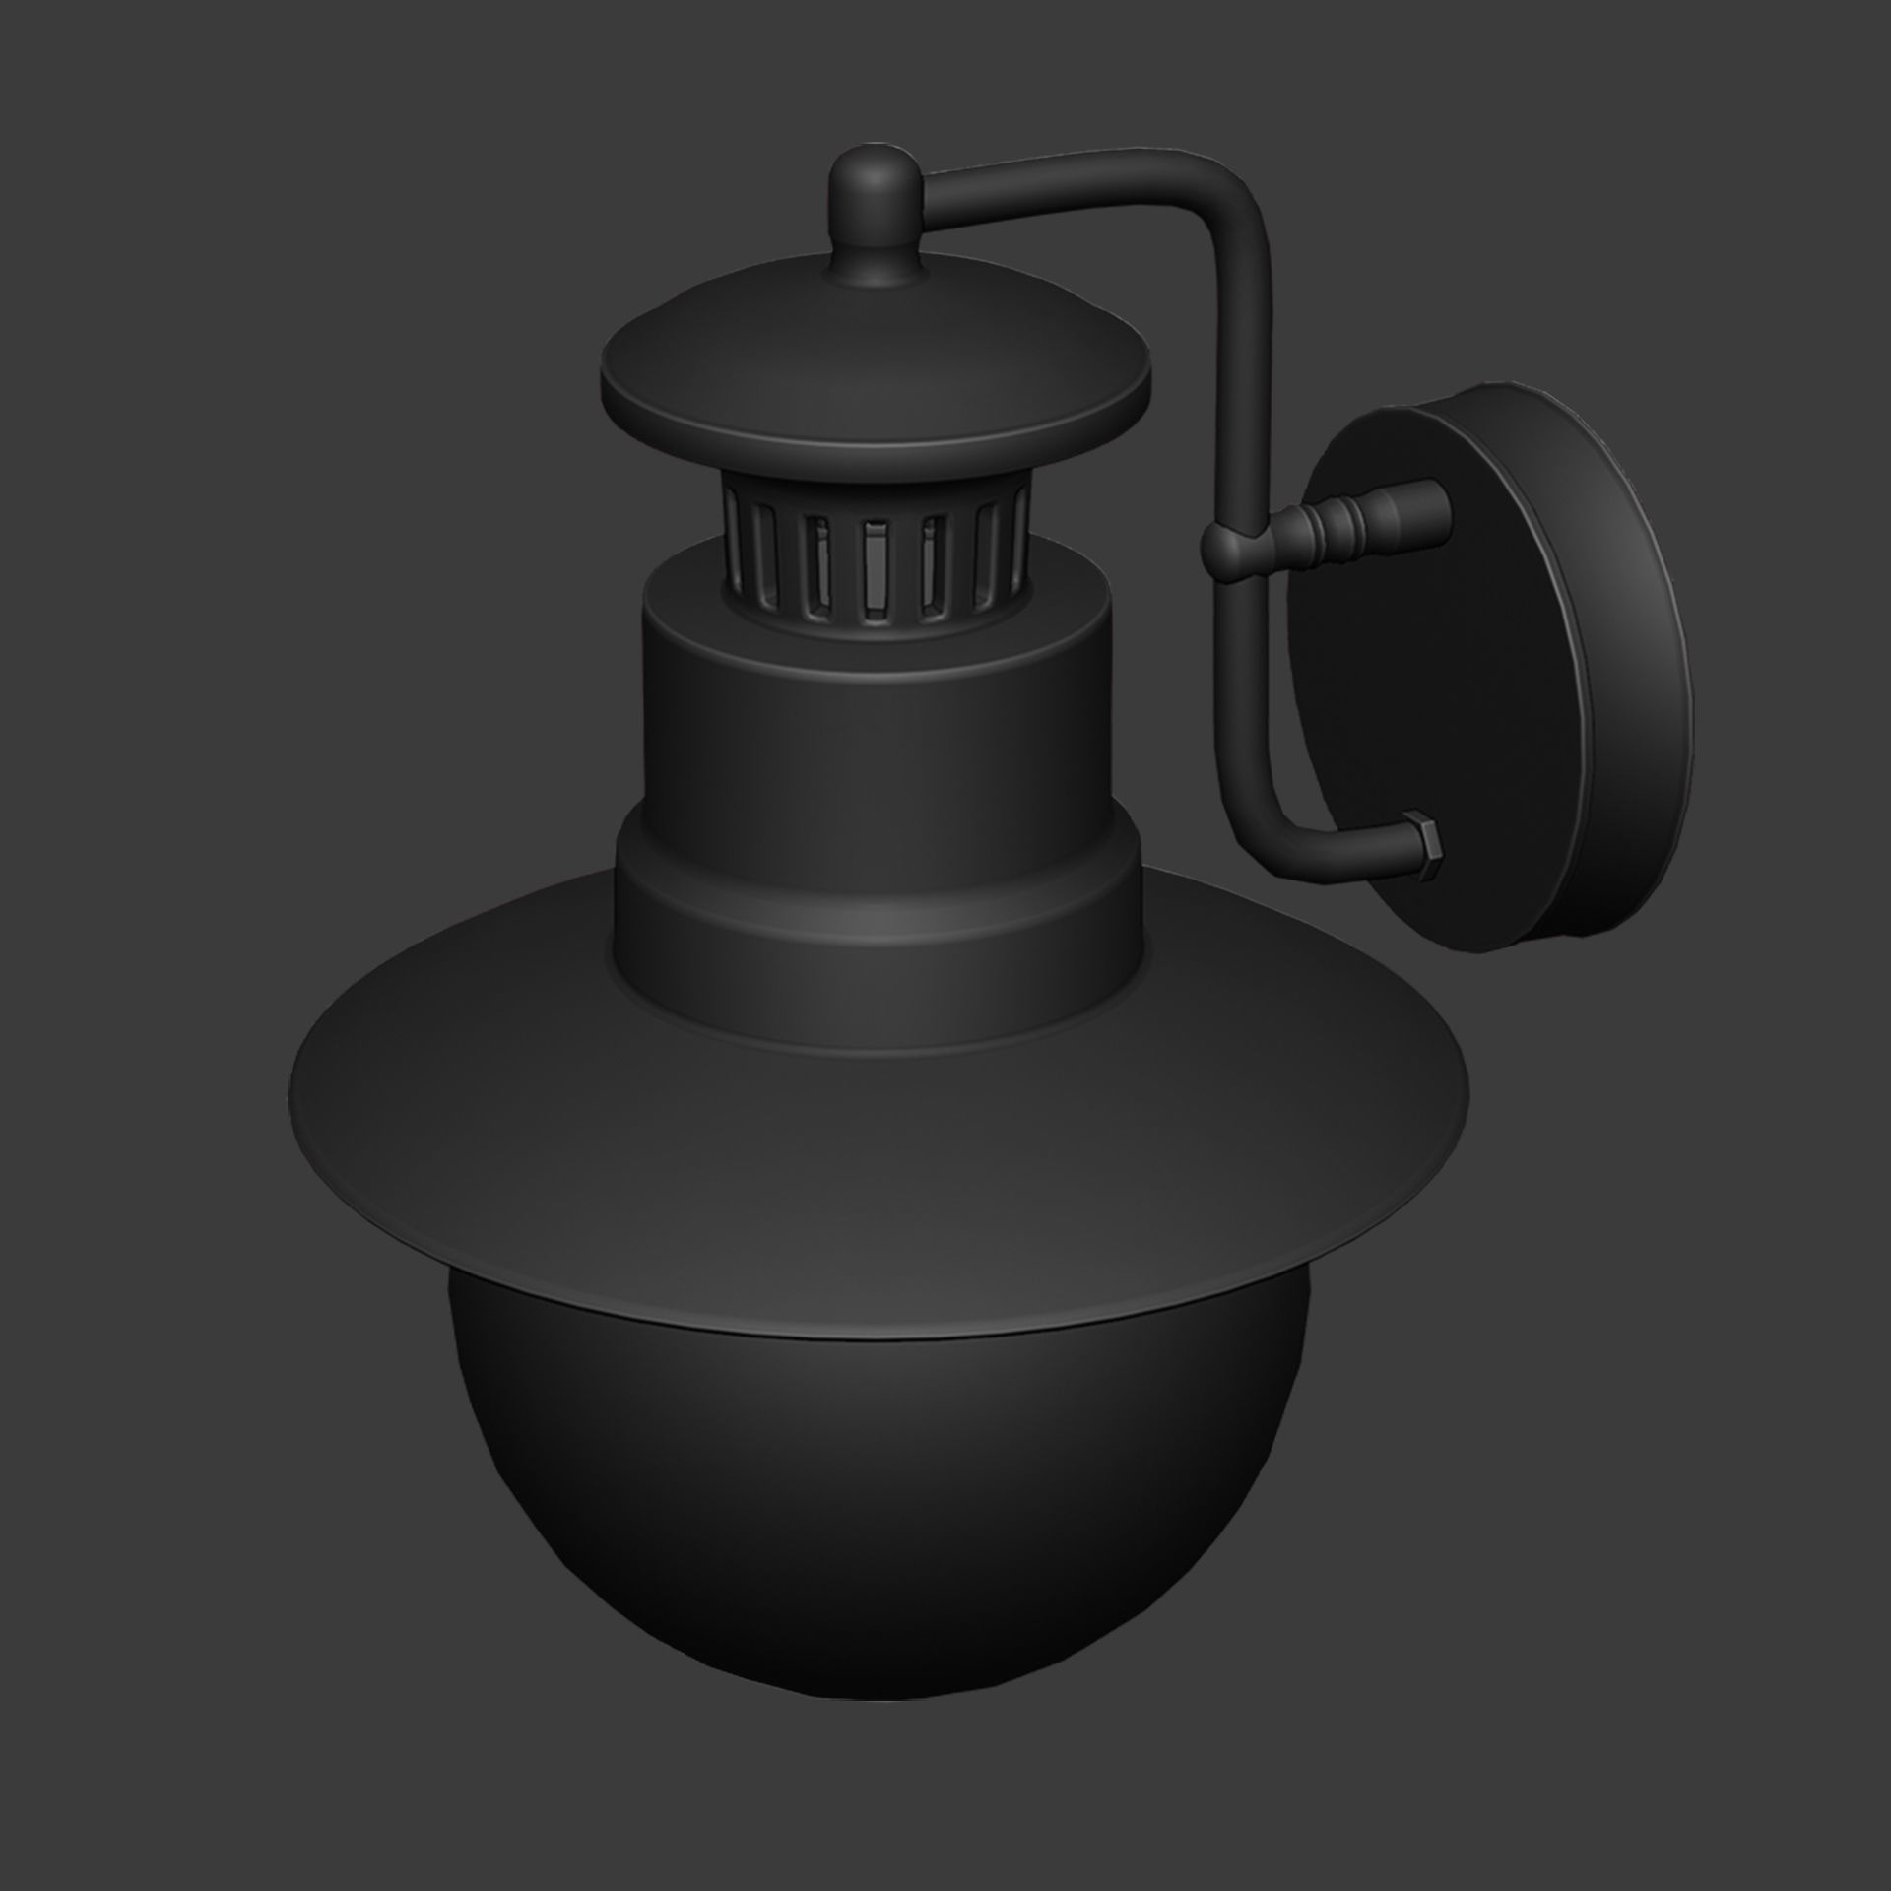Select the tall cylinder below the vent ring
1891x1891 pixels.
(x=877, y=709)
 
